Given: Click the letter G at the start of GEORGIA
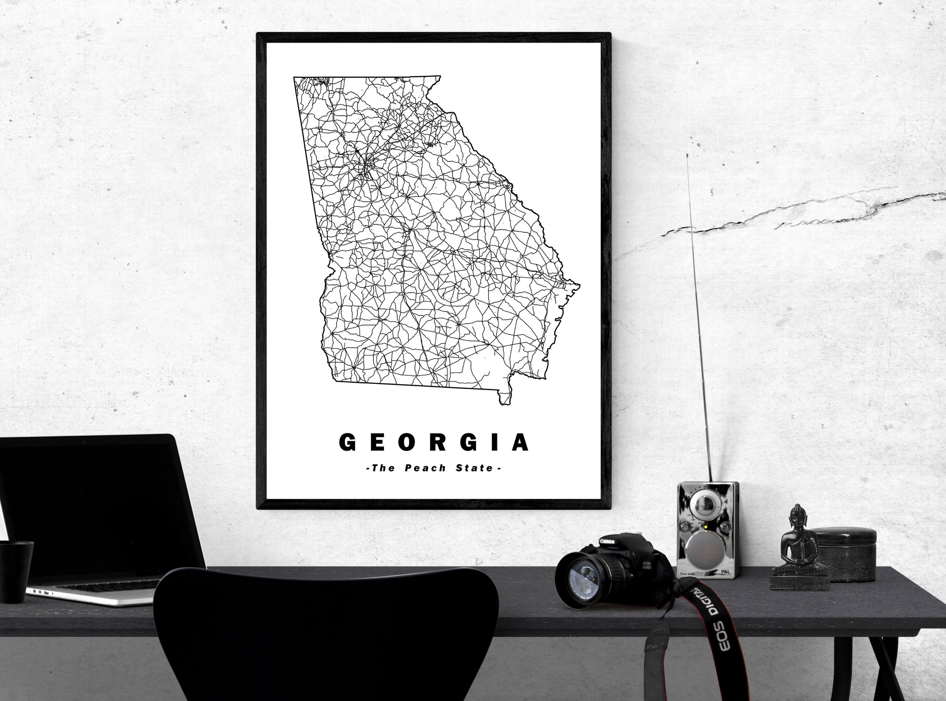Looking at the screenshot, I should pyautogui.click(x=347, y=443).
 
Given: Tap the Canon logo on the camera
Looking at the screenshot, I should pyautogui.click(x=606, y=542).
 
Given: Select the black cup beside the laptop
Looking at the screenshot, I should pyautogui.click(x=15, y=571).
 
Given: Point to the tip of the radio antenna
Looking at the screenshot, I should pyautogui.click(x=687, y=155).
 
